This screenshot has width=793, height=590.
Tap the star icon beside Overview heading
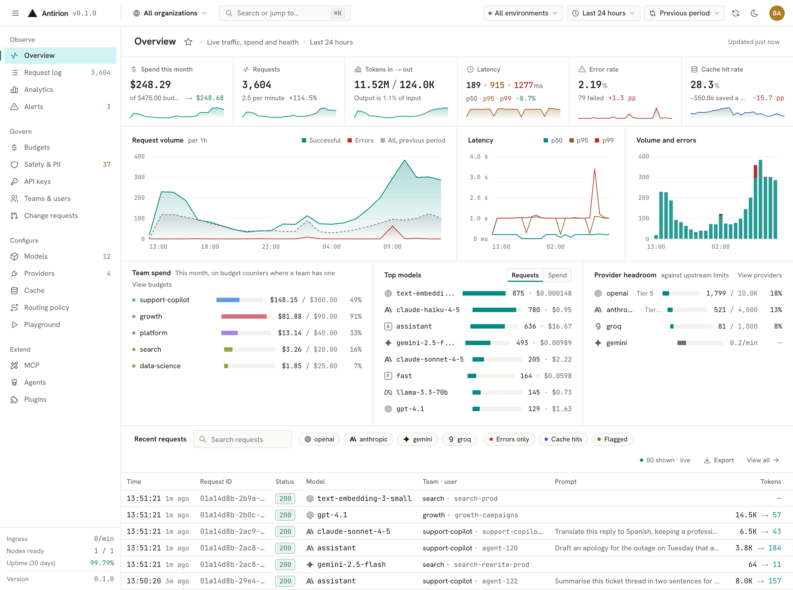(188, 42)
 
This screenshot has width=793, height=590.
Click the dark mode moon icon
(754, 13)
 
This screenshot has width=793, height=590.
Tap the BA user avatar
(776, 13)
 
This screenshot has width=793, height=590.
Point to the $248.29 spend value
(150, 85)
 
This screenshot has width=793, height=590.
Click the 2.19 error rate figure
(590, 85)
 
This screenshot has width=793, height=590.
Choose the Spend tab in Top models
(557, 275)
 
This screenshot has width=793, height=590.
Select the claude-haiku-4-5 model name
(428, 310)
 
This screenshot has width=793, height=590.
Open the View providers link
(759, 275)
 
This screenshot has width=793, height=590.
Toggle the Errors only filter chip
(509, 439)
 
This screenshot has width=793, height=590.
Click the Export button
(719, 460)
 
